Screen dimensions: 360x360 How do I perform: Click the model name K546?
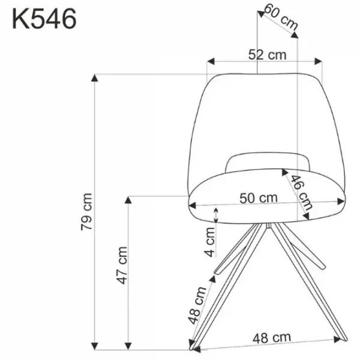coord(44,19)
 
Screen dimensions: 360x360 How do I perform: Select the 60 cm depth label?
coord(281,17)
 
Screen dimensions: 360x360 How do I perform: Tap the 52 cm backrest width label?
coord(267,55)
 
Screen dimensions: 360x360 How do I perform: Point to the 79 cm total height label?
coord(86,212)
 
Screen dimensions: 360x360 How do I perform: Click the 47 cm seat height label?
coord(122,265)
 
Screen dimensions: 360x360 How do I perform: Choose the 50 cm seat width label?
coord(259,198)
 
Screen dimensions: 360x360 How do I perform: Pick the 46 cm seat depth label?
coord(301,193)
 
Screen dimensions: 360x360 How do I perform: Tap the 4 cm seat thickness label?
coord(209,242)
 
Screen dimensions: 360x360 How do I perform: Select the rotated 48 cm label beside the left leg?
coord(197,305)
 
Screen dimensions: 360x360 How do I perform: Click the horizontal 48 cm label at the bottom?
coord(272,338)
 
